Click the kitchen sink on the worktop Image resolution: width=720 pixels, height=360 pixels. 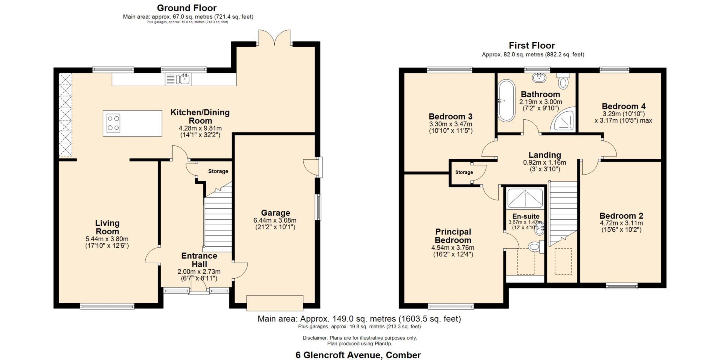pyautogui.click(x=178, y=79)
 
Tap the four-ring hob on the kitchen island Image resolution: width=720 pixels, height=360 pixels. pyautogui.click(x=114, y=123)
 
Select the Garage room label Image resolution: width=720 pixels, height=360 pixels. pyautogui.click(x=276, y=213)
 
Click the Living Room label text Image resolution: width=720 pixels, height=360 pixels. pyautogui.click(x=107, y=227)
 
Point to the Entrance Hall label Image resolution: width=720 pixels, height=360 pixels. pyautogui.click(x=199, y=260)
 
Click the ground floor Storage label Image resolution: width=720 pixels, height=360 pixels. pyautogui.click(x=218, y=171)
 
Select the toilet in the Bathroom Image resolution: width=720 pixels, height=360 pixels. pyautogui.click(x=563, y=80)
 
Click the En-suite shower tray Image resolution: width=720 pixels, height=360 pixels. pyautogui.click(x=525, y=198)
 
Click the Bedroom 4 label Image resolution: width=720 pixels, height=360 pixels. pyautogui.click(x=624, y=106)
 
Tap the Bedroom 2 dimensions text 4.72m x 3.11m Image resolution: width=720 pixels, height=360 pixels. pyautogui.click(x=621, y=223)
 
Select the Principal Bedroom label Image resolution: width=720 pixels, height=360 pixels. pyautogui.click(x=453, y=236)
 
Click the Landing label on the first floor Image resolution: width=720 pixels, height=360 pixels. pyautogui.click(x=545, y=155)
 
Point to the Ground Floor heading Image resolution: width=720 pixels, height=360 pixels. pyautogui.click(x=187, y=8)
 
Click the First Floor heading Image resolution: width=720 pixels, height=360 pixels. pyautogui.click(x=532, y=45)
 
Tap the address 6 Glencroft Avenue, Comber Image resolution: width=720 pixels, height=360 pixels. pyautogui.click(x=358, y=355)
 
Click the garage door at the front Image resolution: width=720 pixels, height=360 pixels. pyautogui.click(x=275, y=303)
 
